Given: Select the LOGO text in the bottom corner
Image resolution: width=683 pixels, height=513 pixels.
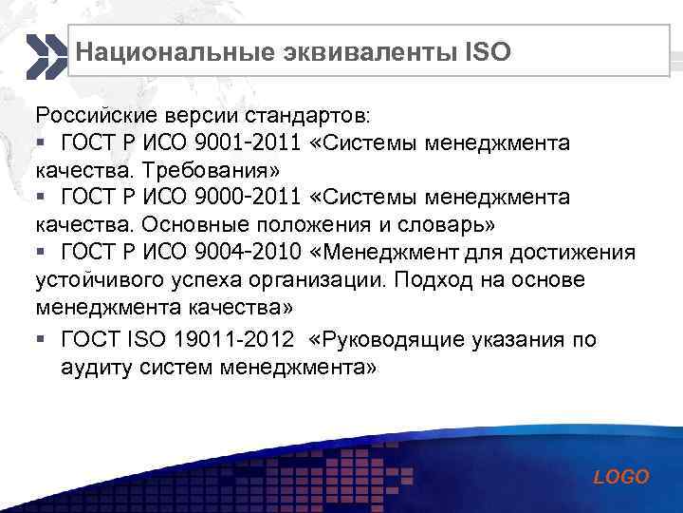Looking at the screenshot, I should (621, 477).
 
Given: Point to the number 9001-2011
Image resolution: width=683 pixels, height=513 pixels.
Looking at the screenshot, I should (249, 143).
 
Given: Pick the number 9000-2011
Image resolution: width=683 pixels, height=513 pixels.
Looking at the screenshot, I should (249, 198).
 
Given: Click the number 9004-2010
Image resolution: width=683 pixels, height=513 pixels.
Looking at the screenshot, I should (249, 253).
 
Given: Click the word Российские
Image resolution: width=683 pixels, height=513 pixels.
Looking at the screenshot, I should (86, 116).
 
